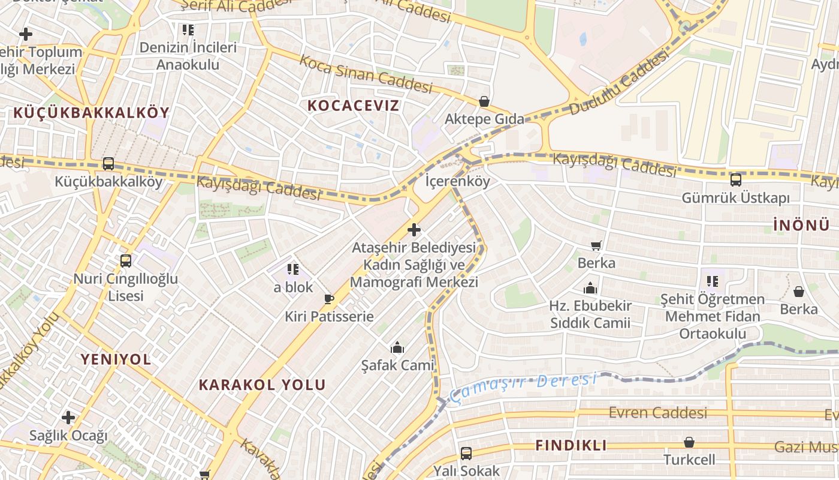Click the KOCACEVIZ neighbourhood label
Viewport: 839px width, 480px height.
coord(353,106)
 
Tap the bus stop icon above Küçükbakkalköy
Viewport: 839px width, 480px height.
coord(108,163)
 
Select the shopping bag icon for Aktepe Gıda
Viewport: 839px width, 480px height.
coord(484,101)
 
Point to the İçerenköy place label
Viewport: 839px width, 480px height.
coord(457,181)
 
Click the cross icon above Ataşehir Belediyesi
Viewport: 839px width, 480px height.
coord(414,230)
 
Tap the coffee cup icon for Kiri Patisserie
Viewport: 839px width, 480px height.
coord(328,299)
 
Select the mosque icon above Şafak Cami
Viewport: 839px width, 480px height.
coord(397,347)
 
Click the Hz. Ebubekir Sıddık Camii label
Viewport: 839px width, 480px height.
coord(590,314)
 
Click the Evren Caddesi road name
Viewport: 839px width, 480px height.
coord(657,413)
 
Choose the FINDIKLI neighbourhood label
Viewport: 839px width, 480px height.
coord(571,445)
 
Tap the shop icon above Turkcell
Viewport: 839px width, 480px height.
coord(689,442)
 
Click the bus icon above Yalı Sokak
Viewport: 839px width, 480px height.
coord(466,453)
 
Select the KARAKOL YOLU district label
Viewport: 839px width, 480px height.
coord(262,385)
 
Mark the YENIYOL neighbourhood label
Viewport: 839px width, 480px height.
coord(116,359)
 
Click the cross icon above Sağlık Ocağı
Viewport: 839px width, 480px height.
coord(68,417)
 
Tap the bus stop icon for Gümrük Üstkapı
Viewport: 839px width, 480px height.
coord(735,180)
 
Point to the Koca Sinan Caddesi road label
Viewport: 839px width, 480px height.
coord(366,74)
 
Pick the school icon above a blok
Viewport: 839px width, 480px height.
coord(292,269)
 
